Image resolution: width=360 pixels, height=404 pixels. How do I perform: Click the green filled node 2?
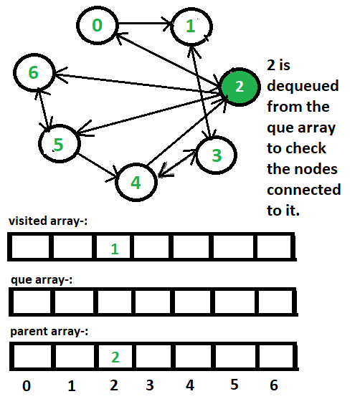pyautogui.click(x=240, y=87)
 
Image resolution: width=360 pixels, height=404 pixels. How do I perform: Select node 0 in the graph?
pyautogui.click(x=98, y=25)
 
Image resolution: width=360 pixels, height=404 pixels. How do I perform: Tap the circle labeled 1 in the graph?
pyautogui.click(x=191, y=27)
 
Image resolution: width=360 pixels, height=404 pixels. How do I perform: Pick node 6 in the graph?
pyautogui.click(x=34, y=72)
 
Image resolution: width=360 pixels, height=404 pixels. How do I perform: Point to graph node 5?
pyautogui.click(x=59, y=144)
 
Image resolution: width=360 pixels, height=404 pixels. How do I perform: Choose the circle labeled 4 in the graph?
pyautogui.click(x=136, y=182)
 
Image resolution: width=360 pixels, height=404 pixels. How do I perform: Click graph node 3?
pyautogui.click(x=216, y=155)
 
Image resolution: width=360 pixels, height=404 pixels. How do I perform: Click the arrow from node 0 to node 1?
pyautogui.click(x=145, y=24)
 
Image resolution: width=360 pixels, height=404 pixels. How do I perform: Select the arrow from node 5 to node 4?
pyautogui.click(x=98, y=166)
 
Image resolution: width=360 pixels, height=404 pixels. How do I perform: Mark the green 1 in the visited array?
pyautogui.click(x=115, y=249)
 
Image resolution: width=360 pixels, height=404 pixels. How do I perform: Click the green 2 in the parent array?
pyautogui.click(x=115, y=357)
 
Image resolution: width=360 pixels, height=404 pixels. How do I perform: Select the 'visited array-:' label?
pyautogui.click(x=48, y=221)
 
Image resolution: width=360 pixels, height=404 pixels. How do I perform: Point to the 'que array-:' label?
pyautogui.click(x=42, y=280)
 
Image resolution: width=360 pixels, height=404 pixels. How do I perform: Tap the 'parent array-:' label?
pyautogui.click(x=49, y=332)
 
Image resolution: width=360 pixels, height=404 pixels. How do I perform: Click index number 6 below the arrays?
pyautogui.click(x=274, y=385)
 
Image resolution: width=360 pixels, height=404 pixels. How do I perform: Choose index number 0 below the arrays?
pyautogui.click(x=27, y=386)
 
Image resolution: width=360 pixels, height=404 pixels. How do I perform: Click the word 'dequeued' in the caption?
pyautogui.click(x=303, y=86)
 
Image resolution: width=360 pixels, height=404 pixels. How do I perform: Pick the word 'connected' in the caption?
pyautogui.click(x=304, y=190)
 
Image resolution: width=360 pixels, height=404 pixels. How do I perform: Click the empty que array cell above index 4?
pyautogui.click(x=193, y=302)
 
